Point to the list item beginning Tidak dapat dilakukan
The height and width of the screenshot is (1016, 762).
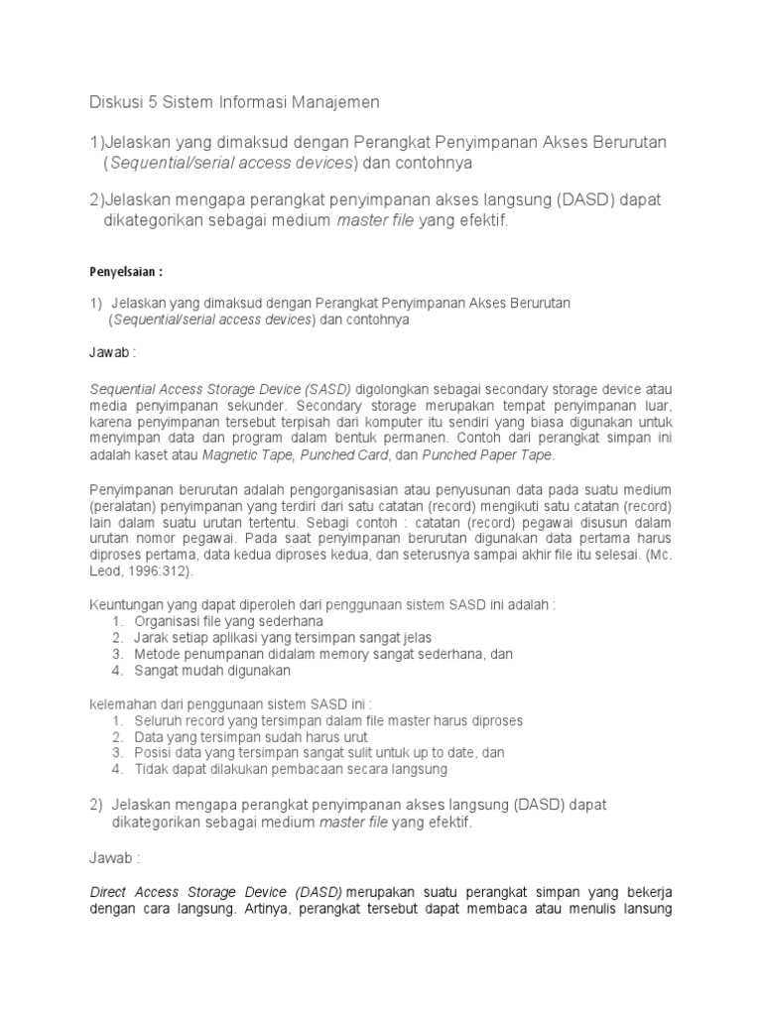click(292, 769)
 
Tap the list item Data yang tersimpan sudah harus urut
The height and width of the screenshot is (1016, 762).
click(252, 737)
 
